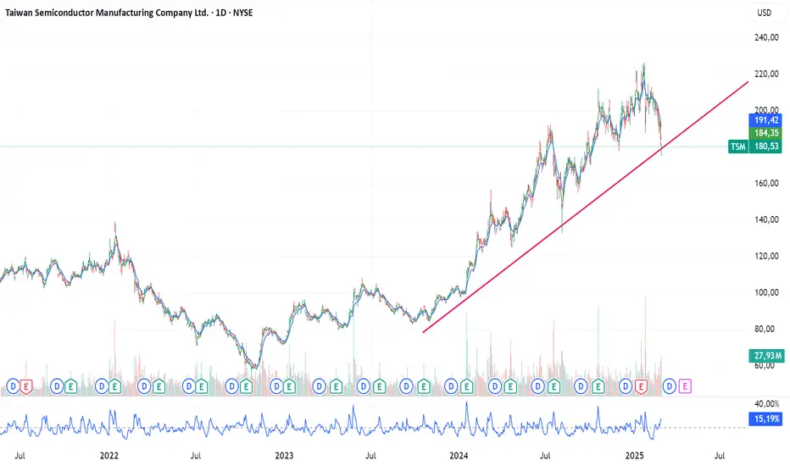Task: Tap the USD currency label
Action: tap(765, 13)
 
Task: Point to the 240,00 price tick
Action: tap(766, 37)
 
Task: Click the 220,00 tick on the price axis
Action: tap(766, 74)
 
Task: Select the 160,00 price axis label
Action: tap(766, 183)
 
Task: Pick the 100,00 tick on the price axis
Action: tap(766, 292)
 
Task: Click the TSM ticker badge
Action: tap(738, 147)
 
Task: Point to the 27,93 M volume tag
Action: tap(765, 356)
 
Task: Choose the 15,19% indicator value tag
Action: tap(765, 418)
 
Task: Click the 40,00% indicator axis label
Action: tap(765, 404)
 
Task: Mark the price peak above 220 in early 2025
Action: tap(643, 64)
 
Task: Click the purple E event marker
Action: tap(685, 386)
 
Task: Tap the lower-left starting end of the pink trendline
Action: tap(423, 331)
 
